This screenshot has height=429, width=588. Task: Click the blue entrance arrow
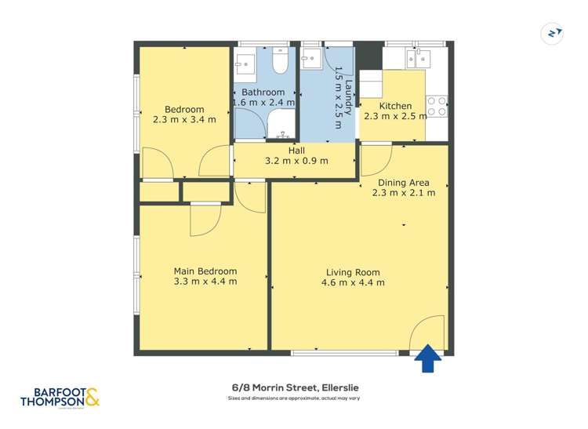pyautogui.click(x=427, y=360)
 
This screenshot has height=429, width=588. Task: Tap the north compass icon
pyautogui.click(x=554, y=34)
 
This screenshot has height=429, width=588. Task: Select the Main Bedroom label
pyautogui.click(x=205, y=271)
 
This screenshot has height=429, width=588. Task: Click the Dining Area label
pyautogui.click(x=403, y=183)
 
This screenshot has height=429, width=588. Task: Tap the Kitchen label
pyautogui.click(x=395, y=106)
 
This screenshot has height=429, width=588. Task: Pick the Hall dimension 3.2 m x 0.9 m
pyautogui.click(x=296, y=162)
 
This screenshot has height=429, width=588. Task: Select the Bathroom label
pyautogui.click(x=263, y=92)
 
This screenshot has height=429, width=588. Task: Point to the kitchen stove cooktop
pyautogui.click(x=437, y=107)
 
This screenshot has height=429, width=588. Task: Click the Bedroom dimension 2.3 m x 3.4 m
pyautogui.click(x=184, y=120)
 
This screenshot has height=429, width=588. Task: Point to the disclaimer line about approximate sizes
pyautogui.click(x=294, y=399)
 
